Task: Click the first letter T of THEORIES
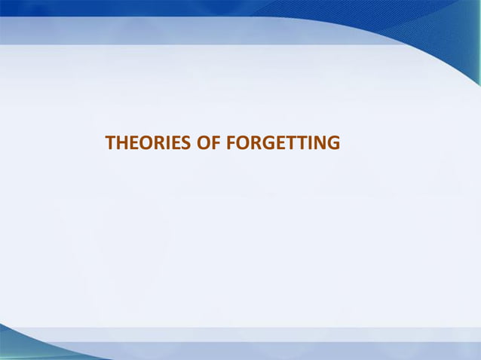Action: click(x=109, y=142)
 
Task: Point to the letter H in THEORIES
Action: click(x=121, y=142)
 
